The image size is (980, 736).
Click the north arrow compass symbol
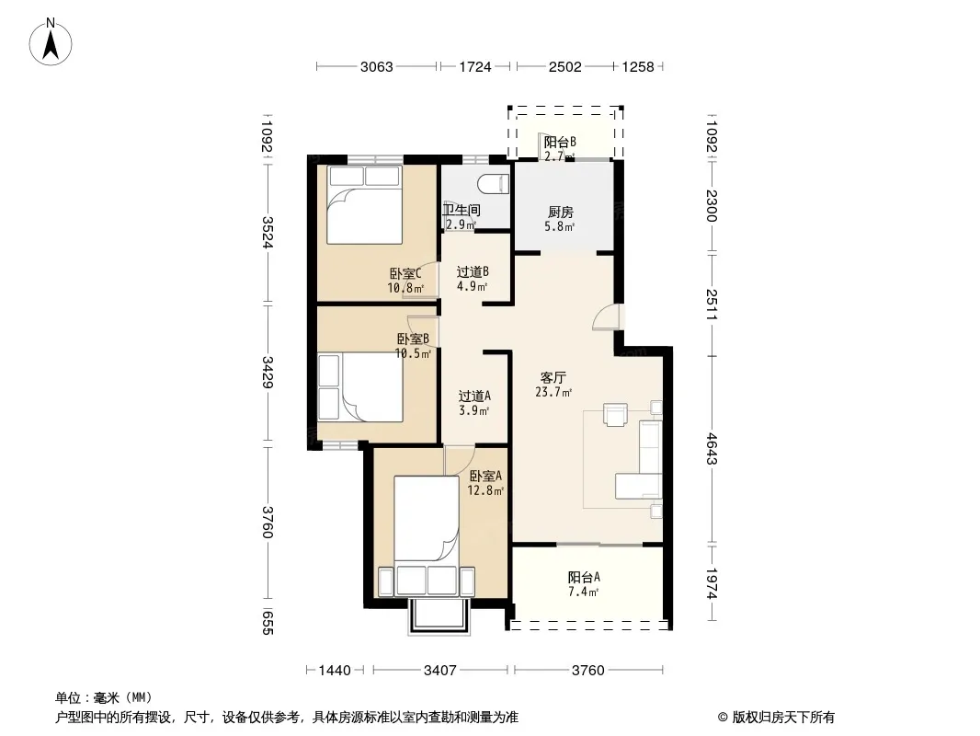[x=51, y=42]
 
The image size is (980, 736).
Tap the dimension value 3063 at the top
[x=376, y=67]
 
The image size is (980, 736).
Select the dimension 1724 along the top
[x=475, y=67]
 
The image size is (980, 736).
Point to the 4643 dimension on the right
[x=712, y=449]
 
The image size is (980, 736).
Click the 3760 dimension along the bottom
[x=588, y=671]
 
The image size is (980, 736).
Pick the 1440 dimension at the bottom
[x=335, y=671]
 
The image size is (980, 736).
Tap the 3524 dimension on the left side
[x=268, y=232]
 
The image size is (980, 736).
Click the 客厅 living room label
[x=553, y=378]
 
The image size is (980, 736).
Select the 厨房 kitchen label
[x=560, y=213]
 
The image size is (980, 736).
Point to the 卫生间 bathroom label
[x=462, y=210]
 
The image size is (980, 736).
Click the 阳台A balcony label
[x=584, y=577]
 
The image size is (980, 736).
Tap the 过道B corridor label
[x=473, y=272]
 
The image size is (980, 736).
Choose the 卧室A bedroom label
[x=485, y=476]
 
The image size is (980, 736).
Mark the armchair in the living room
[x=615, y=415]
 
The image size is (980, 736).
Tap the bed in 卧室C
[x=364, y=205]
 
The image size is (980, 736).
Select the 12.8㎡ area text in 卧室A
[x=485, y=491]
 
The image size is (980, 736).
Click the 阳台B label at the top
[x=560, y=142]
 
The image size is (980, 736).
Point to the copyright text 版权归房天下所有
[x=783, y=718]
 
